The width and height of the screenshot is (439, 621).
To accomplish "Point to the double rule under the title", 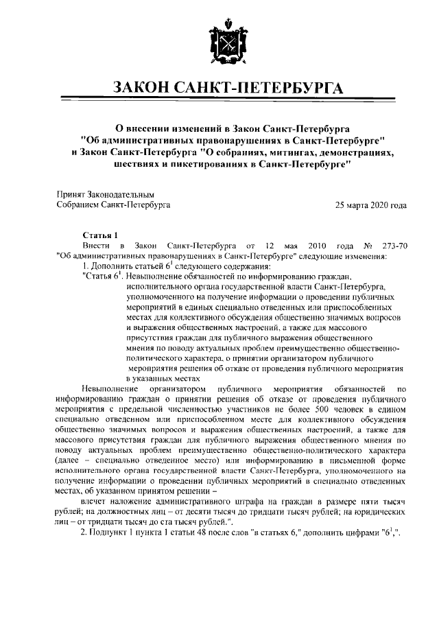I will click(219, 100).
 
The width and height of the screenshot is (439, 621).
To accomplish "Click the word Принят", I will click(70, 195).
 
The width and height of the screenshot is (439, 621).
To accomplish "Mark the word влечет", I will click(94, 502).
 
